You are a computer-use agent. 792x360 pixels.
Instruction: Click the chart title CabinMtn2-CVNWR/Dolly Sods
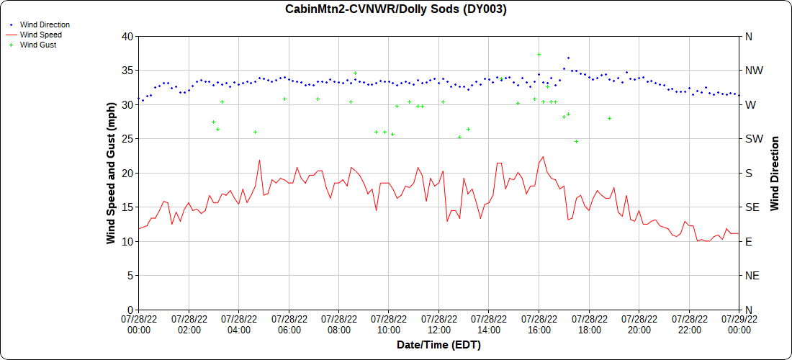click(396, 9)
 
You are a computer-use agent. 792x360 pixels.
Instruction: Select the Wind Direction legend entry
click(45, 24)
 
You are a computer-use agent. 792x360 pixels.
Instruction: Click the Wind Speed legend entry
click(41, 35)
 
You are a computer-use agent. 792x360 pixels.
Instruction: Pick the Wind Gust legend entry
click(38, 45)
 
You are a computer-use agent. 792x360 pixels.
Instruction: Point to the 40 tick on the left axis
click(127, 36)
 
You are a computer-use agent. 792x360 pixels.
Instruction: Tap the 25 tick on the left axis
click(127, 138)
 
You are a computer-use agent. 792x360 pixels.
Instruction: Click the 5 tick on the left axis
click(130, 275)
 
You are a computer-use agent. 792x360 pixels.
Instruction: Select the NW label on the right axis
click(752, 71)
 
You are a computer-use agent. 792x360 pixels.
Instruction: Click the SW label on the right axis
click(752, 138)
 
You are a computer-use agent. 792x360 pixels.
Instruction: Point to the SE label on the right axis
click(752, 207)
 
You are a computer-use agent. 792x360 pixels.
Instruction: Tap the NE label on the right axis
click(752, 275)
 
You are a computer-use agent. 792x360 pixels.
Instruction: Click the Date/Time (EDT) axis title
click(438, 345)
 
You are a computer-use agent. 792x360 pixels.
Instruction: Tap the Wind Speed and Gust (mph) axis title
click(111, 173)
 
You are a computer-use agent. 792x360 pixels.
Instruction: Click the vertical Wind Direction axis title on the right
click(775, 173)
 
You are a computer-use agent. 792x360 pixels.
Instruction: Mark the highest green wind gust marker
click(539, 54)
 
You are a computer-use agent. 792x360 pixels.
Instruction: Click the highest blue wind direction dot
click(568, 58)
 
